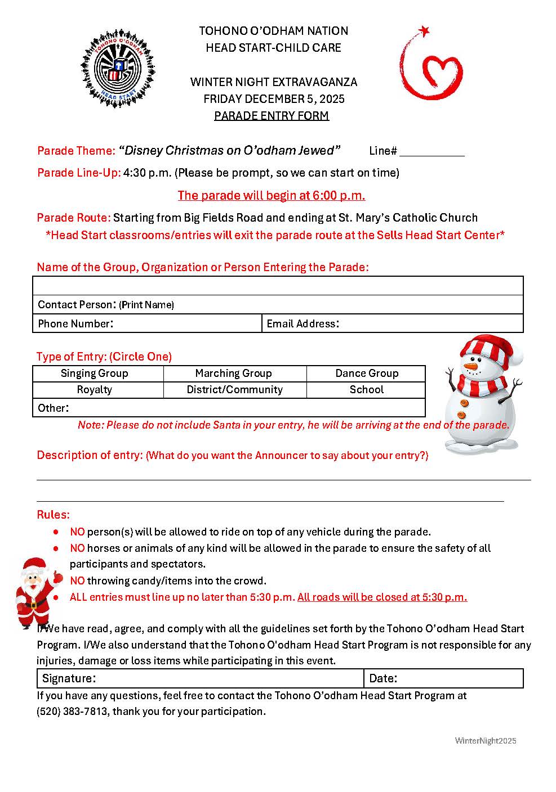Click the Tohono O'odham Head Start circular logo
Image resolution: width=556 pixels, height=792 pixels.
118,69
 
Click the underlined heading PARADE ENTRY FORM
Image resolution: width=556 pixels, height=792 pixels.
272,116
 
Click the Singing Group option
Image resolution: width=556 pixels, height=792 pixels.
95,373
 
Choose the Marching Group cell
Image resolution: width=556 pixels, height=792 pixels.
233,373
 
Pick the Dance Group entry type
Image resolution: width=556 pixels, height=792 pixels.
367,373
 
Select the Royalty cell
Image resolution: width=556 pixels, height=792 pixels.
95,390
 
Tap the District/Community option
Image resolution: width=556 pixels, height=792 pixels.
234,390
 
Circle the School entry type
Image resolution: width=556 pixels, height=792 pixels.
367,390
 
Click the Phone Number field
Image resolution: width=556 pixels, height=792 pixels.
186,323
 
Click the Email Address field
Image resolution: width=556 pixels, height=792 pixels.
428,323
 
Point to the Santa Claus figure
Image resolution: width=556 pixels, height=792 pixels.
37,592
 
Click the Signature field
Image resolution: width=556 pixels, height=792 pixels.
225,678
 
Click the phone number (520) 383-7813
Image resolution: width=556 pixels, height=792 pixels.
72,712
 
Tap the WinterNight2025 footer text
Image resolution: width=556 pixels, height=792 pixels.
486,741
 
